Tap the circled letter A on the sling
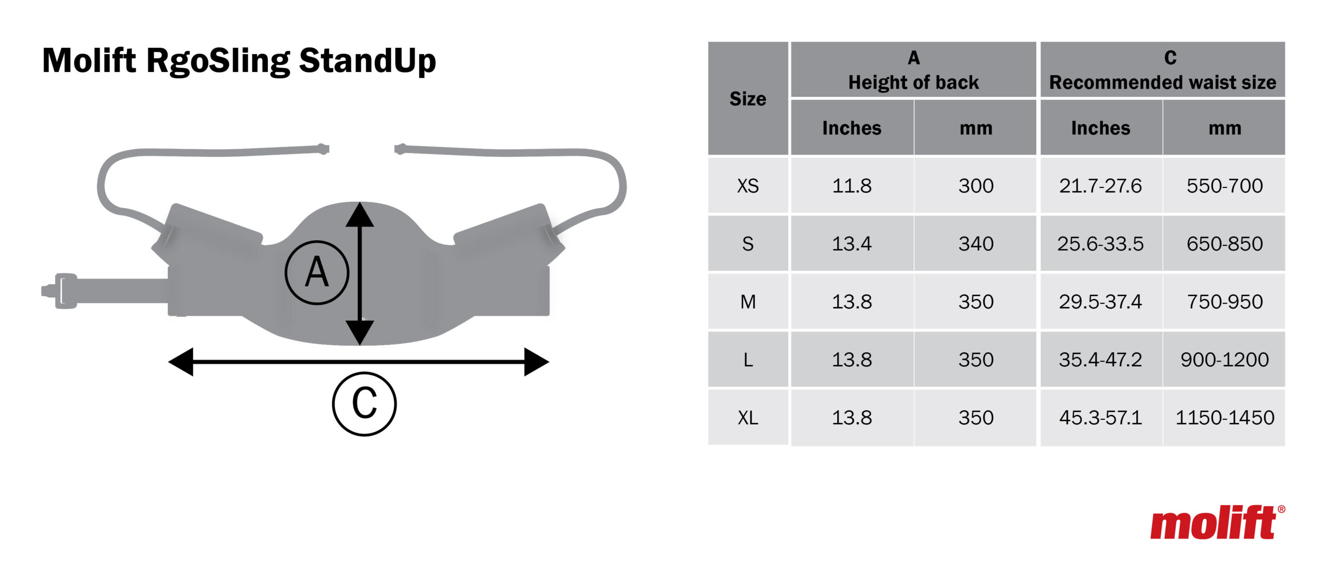(317, 272)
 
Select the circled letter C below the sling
(364, 404)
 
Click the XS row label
(747, 186)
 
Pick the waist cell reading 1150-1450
(1224, 418)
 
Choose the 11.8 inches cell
(852, 186)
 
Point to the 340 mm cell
(976, 244)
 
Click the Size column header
(747, 99)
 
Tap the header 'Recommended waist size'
(1163, 82)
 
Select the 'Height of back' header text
(913, 82)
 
